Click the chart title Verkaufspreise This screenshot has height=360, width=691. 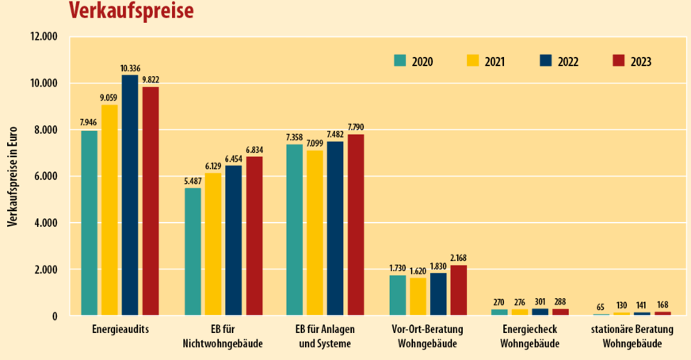[131, 11]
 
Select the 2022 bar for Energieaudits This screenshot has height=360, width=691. [130, 195]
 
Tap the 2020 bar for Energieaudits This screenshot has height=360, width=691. [89, 223]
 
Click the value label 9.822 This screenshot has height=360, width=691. [151, 80]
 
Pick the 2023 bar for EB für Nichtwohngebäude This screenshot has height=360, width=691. [254, 236]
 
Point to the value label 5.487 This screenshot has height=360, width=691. [193, 182]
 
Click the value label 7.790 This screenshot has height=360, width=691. [356, 127]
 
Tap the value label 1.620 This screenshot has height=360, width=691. [418, 270]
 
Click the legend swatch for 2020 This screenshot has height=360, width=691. [400, 60]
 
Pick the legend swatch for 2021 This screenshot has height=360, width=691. [474, 60]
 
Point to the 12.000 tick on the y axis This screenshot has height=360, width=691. [44, 36]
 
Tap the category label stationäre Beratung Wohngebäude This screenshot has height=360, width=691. [632, 335]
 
